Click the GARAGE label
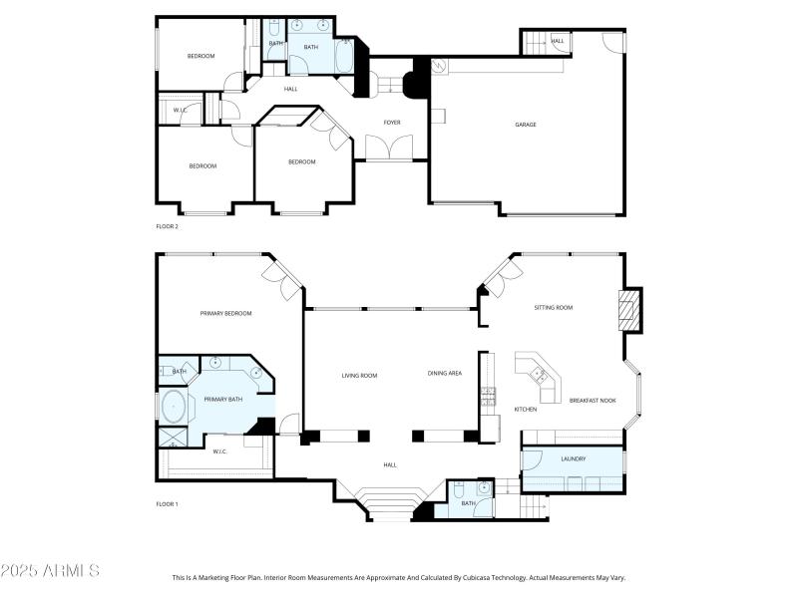coord(526,125)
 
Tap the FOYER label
coord(392,123)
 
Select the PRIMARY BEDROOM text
coord(225,314)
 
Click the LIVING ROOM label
coord(359,376)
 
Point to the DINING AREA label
coord(445,374)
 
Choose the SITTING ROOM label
coord(553,308)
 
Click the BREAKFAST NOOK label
coord(593,401)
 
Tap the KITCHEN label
coord(525,410)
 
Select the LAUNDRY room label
coord(573,459)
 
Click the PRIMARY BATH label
coord(223,400)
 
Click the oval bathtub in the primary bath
coord(174,408)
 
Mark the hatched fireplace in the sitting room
coord(628,309)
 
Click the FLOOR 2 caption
coord(167,227)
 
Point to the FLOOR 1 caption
coord(167,504)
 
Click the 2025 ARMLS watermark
coord(50,571)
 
